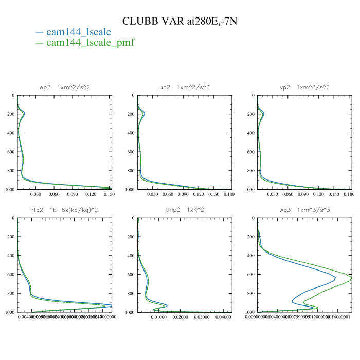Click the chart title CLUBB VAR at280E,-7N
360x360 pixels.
coord(179,21)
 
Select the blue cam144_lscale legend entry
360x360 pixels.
coord(78,32)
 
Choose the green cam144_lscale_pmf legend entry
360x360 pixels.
coord(90,42)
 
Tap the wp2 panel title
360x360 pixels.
coord(65,87)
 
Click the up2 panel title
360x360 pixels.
coord(185,87)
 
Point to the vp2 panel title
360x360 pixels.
coord(304,87)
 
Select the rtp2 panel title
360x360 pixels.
coord(65,210)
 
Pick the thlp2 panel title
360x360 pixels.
coord(185,210)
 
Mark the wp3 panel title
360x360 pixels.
coord(304,210)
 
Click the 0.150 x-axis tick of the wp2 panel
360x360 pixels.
coord(109,195)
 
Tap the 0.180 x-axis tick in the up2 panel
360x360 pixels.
coord(228,195)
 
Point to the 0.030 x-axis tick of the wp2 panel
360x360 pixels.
coord(35,195)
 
